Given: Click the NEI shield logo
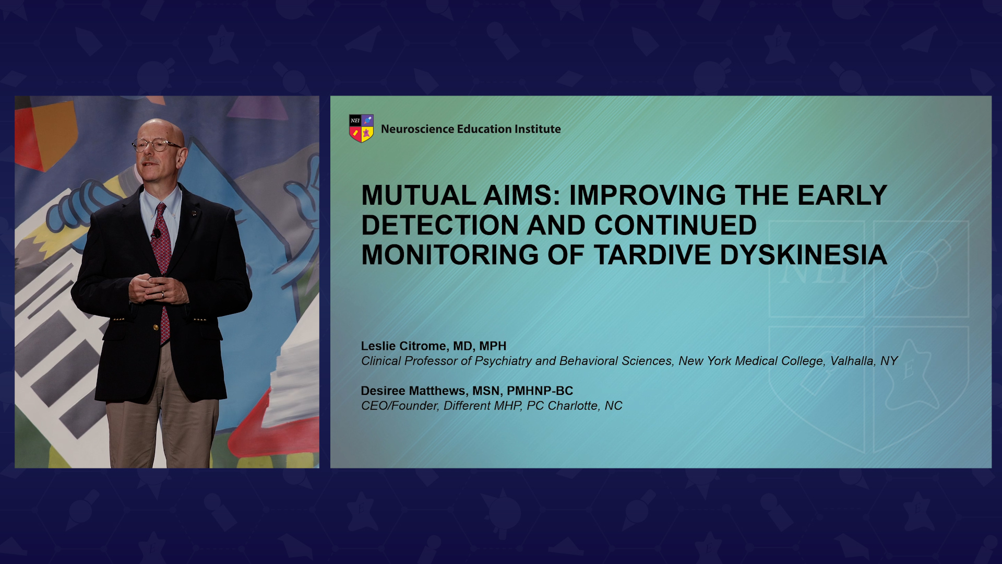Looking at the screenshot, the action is tap(361, 128).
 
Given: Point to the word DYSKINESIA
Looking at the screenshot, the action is tap(804, 255).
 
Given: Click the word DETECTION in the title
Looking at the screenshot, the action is tap(440, 225).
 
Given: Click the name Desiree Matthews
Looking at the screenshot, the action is tap(413, 391).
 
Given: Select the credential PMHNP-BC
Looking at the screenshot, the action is tap(540, 391).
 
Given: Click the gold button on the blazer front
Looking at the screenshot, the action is tap(156, 327).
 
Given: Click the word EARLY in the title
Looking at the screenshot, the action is tap(842, 195).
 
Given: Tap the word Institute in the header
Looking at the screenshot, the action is tap(538, 129).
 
